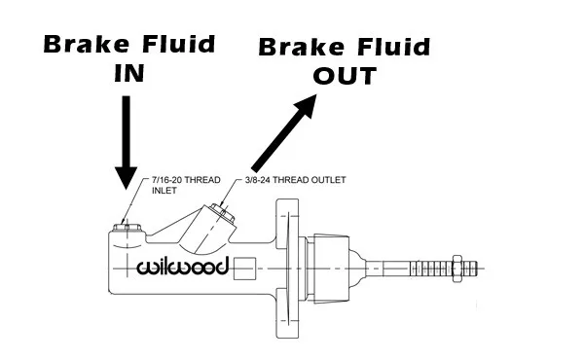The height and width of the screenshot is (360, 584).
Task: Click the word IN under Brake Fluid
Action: (128, 73)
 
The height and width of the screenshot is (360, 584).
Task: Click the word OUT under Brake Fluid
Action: (345, 76)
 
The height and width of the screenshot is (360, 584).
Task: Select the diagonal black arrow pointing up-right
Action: (284, 133)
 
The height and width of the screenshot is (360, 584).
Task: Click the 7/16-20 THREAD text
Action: (186, 180)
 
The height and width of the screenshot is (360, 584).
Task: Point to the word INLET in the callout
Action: (164, 191)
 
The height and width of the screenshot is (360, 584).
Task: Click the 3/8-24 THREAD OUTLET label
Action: (296, 180)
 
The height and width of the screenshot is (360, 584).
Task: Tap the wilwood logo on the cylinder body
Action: (182, 267)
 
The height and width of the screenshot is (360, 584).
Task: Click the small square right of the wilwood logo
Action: (244, 269)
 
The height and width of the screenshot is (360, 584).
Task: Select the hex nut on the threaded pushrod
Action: (457, 269)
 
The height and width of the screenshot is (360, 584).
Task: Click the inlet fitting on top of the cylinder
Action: (127, 227)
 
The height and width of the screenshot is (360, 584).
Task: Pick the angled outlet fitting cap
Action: (222, 213)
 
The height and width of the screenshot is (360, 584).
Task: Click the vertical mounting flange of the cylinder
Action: (287, 269)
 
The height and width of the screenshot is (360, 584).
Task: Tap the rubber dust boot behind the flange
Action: (332, 269)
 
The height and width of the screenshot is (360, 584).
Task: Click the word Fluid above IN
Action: (179, 45)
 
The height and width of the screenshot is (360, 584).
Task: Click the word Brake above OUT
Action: (302, 48)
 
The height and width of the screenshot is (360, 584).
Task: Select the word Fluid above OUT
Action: (393, 48)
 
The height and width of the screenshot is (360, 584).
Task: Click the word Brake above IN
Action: (87, 45)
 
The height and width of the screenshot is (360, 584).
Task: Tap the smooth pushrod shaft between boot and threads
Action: (387, 269)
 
